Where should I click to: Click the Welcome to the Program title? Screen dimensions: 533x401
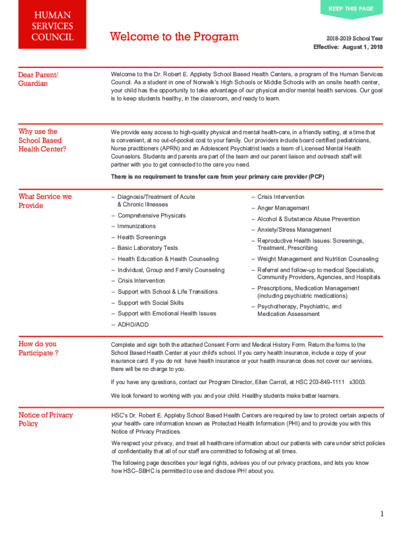(174, 36)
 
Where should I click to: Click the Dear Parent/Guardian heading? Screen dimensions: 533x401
(38, 79)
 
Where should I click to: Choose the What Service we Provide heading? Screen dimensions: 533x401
(45, 201)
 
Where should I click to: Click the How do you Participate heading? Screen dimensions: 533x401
(38, 349)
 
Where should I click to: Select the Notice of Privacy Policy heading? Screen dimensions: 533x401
(45, 419)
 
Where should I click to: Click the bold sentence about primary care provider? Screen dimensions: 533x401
(217, 177)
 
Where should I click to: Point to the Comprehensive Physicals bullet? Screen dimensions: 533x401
(152, 215)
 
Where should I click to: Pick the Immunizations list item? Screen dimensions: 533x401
(136, 226)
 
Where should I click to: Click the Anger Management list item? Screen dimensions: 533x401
(283, 208)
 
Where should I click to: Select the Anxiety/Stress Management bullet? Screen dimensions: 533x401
(294, 230)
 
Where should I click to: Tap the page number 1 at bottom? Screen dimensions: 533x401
(382, 514)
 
